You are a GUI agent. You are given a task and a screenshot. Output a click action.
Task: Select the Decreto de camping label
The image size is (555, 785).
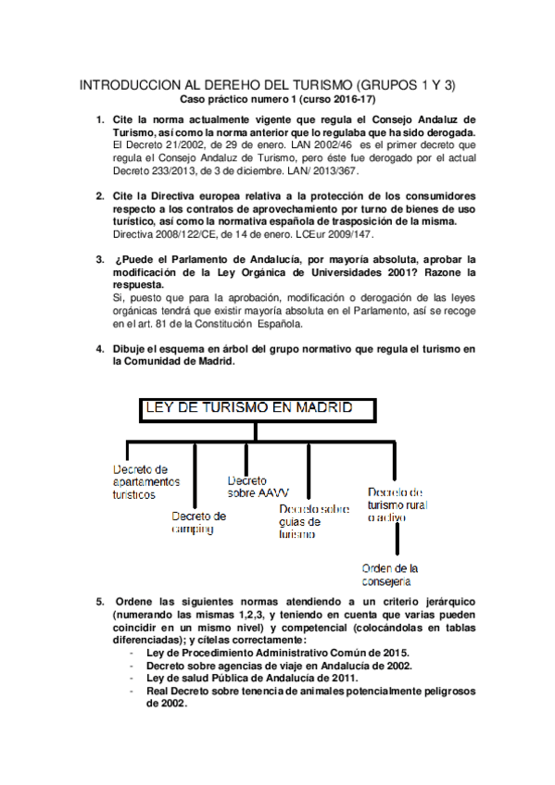(198, 522)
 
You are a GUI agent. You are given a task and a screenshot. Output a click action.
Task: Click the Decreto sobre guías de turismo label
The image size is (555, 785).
(313, 520)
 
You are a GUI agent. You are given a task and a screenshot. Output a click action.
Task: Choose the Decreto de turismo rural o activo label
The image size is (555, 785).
(397, 505)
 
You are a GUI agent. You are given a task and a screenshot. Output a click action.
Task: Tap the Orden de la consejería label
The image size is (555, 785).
(390, 574)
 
